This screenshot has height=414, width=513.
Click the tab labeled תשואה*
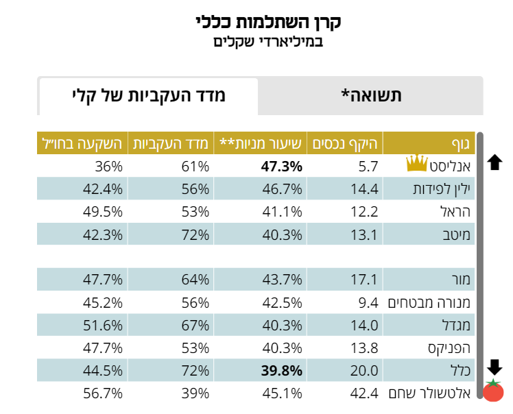click(x=371, y=96)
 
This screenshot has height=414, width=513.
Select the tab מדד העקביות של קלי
click(x=148, y=96)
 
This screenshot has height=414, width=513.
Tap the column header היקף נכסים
click(x=346, y=144)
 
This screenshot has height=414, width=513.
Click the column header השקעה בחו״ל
click(x=80, y=144)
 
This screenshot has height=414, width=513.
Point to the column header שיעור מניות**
click(x=260, y=144)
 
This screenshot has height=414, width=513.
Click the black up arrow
click(x=494, y=162)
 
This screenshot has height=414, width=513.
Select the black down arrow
click(x=494, y=366)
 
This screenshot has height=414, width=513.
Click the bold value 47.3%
click(x=281, y=166)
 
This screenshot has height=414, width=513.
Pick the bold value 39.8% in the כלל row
click(x=281, y=371)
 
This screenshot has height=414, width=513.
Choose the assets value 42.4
click(x=365, y=393)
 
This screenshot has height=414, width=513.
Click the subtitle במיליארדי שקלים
click(x=268, y=42)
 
